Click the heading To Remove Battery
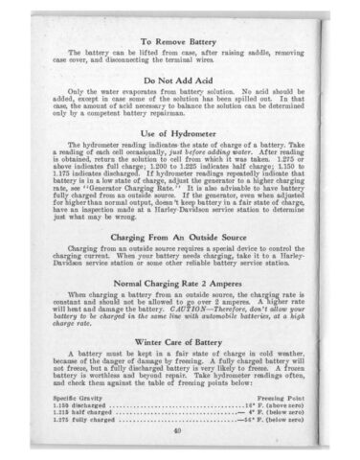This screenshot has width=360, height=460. pos(180,41)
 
